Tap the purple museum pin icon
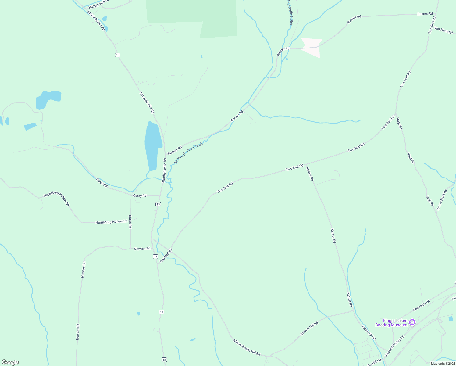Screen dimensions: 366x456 (x=412, y=322)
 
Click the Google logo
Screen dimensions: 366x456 (x=10, y=362)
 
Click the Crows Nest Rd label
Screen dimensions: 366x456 (x=442, y=200)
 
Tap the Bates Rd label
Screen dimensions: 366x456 (x=130, y=222)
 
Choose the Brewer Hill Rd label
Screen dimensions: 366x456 (x=309, y=328)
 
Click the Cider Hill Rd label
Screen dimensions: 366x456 (x=369, y=333)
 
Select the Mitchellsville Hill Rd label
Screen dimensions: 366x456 (x=247, y=347)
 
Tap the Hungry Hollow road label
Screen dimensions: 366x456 (x=98, y=4)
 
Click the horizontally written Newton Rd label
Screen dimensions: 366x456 (x=142, y=249)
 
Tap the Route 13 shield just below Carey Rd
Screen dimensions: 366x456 (x=158, y=204)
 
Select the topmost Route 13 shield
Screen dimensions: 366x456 (x=118, y=55)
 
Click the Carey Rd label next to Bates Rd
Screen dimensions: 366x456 (x=140, y=196)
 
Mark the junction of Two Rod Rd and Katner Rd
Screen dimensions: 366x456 (x=305, y=165)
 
